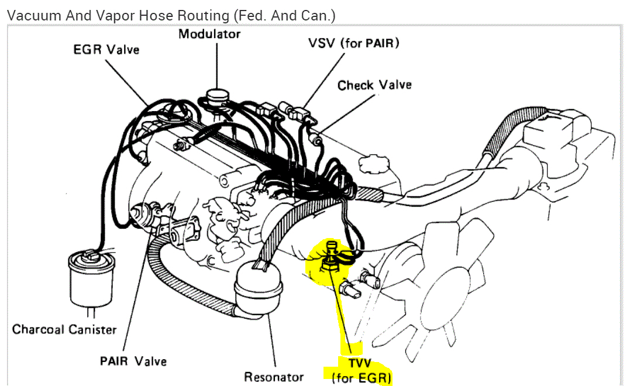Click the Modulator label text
click(209, 34)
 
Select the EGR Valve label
click(106, 49)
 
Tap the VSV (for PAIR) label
click(354, 43)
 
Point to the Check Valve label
click(374, 85)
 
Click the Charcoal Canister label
click(64, 329)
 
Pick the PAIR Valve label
click(133, 361)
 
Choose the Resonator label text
click(274, 377)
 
